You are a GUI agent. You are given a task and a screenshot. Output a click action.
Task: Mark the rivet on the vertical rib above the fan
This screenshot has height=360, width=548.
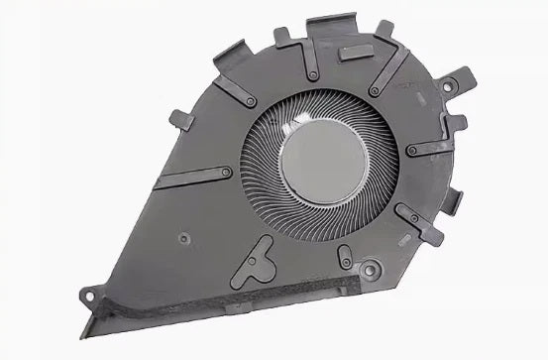(x=313, y=75)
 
